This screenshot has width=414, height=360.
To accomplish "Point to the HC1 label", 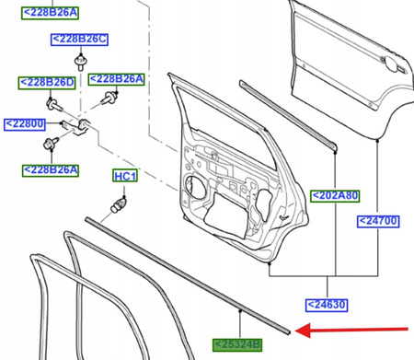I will (x=124, y=176).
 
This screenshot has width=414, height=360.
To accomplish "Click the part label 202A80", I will (x=336, y=195).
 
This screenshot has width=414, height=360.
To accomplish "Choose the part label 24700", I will (x=381, y=221).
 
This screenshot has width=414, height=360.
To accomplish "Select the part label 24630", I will (x=329, y=304).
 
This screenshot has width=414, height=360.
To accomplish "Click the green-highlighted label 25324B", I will (x=238, y=345).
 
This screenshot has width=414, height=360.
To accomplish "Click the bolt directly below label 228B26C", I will (x=84, y=61).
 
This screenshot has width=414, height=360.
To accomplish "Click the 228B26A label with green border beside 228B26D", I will (x=117, y=79).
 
